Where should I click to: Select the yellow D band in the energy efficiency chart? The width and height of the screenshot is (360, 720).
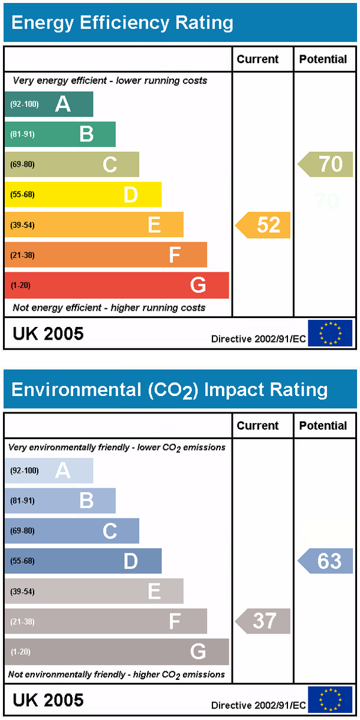click(83, 194)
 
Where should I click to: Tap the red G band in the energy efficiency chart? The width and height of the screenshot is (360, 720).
click(117, 285)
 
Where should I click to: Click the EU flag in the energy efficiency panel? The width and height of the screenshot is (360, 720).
click(330, 333)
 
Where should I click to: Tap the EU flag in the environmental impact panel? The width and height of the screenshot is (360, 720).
click(330, 700)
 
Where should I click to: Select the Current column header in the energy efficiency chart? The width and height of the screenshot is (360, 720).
click(258, 59)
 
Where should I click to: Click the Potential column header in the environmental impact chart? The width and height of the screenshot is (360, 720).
click(323, 425)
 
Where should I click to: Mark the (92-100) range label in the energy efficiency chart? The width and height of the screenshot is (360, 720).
click(25, 104)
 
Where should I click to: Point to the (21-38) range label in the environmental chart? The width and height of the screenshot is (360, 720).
click(23, 622)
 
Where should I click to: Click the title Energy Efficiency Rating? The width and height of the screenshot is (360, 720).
click(122, 23)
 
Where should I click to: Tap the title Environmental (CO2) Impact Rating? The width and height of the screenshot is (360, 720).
click(169, 390)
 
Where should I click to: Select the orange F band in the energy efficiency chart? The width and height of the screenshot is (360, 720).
click(106, 255)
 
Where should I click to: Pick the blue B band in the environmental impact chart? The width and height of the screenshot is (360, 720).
click(60, 500)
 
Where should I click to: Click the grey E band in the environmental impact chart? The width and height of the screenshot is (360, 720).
click(94, 591)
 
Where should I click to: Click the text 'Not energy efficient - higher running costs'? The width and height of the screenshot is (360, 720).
click(109, 308)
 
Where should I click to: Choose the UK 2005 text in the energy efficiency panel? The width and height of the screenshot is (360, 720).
click(48, 334)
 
